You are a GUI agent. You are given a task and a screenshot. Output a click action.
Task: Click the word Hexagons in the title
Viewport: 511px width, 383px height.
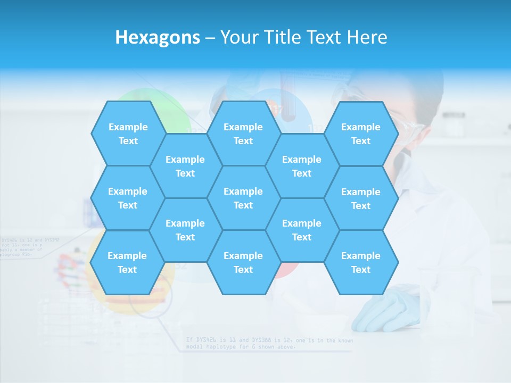click(158, 37)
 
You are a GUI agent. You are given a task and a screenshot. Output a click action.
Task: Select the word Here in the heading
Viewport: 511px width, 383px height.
click(367, 37)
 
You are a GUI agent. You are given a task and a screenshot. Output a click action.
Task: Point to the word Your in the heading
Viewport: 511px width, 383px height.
click(238, 37)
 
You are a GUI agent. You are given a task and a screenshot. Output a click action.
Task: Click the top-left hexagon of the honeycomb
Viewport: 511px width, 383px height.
click(128, 134)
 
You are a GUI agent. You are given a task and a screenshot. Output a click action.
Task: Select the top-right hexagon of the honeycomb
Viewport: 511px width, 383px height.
click(361, 134)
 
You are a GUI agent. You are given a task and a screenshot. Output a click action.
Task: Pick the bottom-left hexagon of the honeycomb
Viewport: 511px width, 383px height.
click(127, 262)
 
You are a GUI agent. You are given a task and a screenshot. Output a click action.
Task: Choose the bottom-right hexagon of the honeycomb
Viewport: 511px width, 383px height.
click(361, 262)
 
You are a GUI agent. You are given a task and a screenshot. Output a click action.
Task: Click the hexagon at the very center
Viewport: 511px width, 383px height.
click(243, 198)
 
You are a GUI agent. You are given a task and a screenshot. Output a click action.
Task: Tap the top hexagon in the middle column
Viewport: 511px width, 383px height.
click(243, 134)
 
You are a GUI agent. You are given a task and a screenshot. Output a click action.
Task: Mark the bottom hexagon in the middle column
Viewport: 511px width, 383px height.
click(243, 262)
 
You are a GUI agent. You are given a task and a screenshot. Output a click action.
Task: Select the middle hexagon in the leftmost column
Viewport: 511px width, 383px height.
click(128, 198)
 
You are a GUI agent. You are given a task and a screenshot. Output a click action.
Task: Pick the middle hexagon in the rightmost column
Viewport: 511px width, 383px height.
click(361, 198)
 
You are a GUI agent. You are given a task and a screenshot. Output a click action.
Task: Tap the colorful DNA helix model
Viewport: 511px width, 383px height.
click(72, 271)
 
